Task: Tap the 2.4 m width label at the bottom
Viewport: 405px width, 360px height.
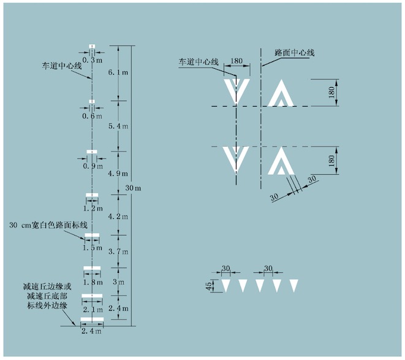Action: [92, 332]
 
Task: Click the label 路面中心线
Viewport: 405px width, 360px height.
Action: [295, 53]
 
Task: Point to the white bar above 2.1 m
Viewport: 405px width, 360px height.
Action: [92, 296]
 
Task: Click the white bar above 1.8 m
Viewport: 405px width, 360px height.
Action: [92, 268]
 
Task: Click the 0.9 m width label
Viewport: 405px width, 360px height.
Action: [93, 166]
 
